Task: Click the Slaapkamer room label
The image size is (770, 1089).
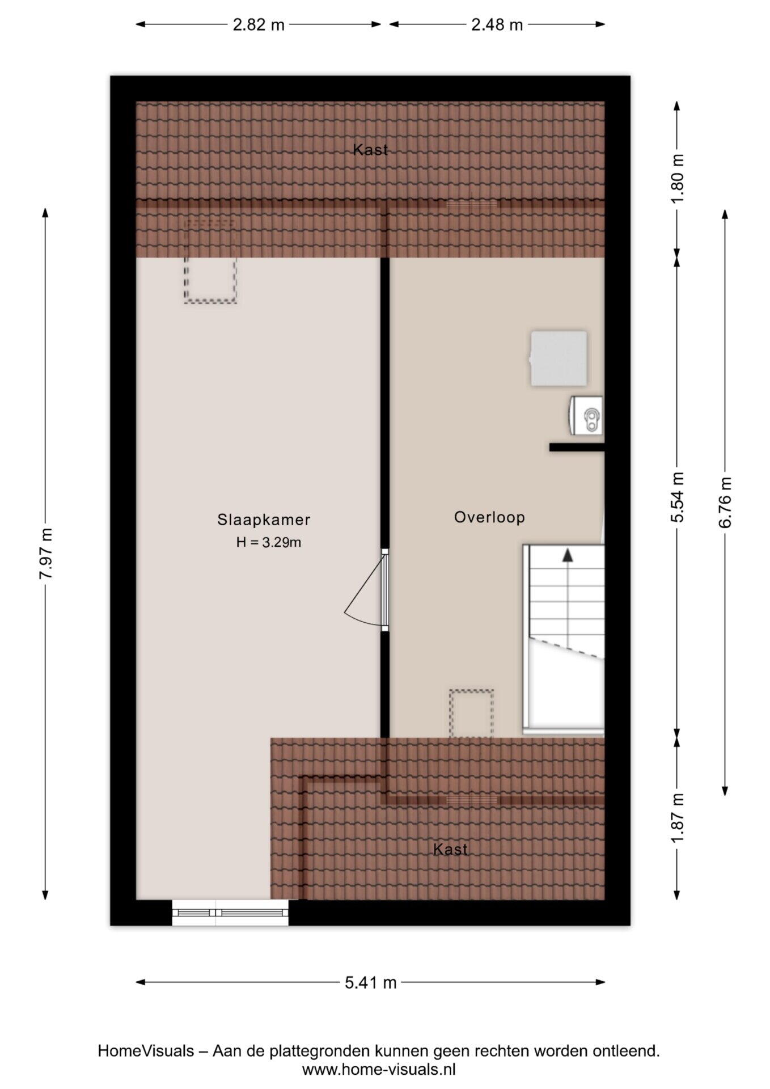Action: point(264,520)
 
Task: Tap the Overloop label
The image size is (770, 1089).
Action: point(489,517)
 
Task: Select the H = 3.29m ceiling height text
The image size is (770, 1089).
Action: point(269,542)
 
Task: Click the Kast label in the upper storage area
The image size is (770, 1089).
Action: point(370,150)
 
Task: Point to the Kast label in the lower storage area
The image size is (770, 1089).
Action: point(450,849)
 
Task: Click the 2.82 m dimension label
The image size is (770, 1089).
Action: point(259,25)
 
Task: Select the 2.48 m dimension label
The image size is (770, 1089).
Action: point(497,25)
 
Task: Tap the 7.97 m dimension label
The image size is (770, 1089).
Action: point(45,554)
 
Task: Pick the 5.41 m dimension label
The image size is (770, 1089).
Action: point(370,982)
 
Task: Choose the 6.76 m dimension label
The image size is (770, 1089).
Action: point(725,502)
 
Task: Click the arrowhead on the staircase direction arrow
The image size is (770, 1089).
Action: point(567,555)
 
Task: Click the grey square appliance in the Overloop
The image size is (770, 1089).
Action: point(559,358)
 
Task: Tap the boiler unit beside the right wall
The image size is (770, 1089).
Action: point(586,415)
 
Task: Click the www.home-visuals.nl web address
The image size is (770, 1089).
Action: point(379,1070)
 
